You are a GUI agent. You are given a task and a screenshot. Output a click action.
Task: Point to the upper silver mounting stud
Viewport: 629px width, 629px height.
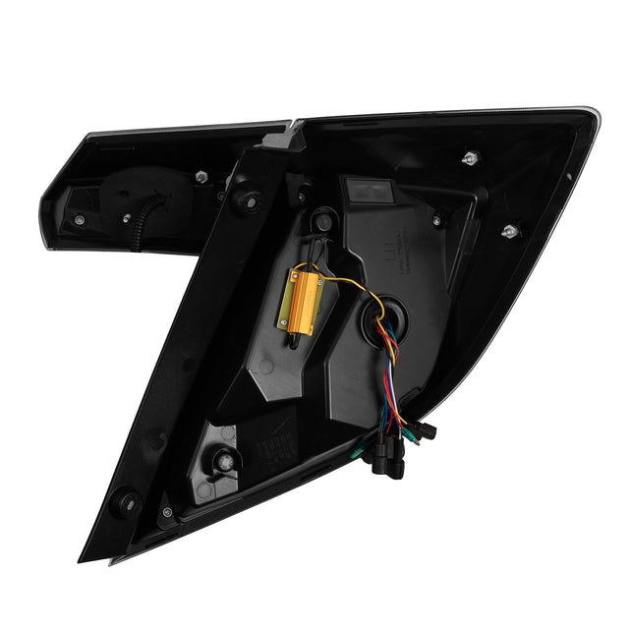pyautogui.click(x=471, y=157)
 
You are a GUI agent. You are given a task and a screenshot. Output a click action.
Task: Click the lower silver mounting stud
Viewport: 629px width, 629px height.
pyautogui.click(x=508, y=232)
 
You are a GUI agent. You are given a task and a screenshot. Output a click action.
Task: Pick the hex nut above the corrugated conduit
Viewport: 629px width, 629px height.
pyautogui.click(x=201, y=177)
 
